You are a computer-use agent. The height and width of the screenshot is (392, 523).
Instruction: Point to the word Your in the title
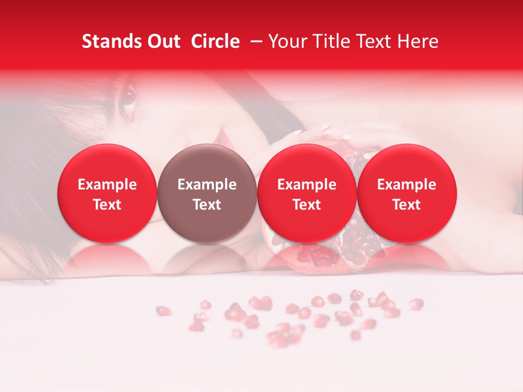click(287, 41)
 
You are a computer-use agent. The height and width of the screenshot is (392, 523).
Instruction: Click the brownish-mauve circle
click(207, 194)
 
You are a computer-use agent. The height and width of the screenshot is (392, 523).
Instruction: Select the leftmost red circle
click(107, 194)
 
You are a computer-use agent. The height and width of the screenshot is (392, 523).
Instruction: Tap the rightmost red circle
click(406, 194)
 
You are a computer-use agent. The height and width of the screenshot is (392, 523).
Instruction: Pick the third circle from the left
click(307, 194)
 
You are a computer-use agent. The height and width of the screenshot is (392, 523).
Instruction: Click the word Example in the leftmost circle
click(107, 185)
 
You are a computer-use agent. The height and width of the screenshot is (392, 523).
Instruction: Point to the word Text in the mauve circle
click(207, 205)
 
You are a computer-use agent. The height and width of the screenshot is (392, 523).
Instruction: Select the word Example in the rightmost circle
click(406, 185)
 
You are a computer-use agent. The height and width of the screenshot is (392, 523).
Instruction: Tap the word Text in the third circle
click(307, 205)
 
